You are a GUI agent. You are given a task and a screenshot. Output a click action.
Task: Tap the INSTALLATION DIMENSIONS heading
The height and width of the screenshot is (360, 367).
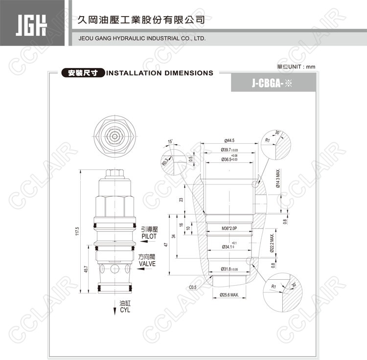click(160, 73)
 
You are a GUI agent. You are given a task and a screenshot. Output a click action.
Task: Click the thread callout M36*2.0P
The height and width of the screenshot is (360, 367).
click(229, 228)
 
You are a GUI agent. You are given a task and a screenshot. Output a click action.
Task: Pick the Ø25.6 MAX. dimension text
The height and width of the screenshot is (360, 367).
click(229, 294)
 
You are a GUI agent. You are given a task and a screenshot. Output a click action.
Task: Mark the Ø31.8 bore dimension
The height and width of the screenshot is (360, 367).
click(229, 269)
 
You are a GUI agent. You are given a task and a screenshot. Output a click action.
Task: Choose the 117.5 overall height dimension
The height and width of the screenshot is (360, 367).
click(77, 231)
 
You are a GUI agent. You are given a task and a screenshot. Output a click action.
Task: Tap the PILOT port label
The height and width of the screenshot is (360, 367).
click(149, 236)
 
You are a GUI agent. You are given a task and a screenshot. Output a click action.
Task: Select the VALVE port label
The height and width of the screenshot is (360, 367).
click(147, 264)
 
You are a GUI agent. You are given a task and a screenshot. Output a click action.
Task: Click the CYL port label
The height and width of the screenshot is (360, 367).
click(126, 310)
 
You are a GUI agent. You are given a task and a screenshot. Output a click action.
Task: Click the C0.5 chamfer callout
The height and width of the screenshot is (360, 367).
click(192, 288)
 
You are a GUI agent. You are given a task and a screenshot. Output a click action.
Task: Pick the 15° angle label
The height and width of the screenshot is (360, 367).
click(170, 142)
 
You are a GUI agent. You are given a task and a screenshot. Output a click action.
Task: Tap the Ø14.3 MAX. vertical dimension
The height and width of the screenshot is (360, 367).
click(277, 179)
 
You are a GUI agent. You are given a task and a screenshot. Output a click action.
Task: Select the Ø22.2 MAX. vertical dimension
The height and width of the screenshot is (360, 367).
click(273, 245)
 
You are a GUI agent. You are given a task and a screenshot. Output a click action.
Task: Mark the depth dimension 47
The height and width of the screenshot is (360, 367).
click(166, 245)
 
